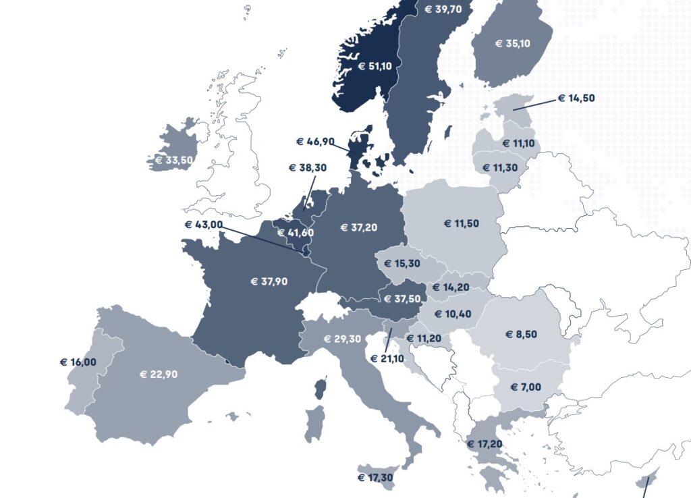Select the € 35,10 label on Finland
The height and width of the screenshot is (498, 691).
[513, 44]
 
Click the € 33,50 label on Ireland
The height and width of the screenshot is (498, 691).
[174, 161]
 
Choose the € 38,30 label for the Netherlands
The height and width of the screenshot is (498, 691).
[307, 168]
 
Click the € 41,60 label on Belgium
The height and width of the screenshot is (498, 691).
[295, 233]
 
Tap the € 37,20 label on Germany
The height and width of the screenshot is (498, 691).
[359, 228]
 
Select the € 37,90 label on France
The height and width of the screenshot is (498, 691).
[269, 281]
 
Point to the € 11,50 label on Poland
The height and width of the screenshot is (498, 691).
[462, 223]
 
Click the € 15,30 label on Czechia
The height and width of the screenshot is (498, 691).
[402, 264]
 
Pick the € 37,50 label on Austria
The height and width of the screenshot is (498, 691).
[403, 300]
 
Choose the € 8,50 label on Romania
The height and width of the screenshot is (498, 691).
[521, 334]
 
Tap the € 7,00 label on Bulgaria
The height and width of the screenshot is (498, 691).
[526, 387]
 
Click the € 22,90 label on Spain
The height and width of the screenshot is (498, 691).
[159, 375]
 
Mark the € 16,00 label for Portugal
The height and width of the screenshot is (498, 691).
[78, 362]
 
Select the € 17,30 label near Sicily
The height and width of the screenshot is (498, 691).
[375, 478]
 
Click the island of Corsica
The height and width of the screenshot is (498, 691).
[321, 389]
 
